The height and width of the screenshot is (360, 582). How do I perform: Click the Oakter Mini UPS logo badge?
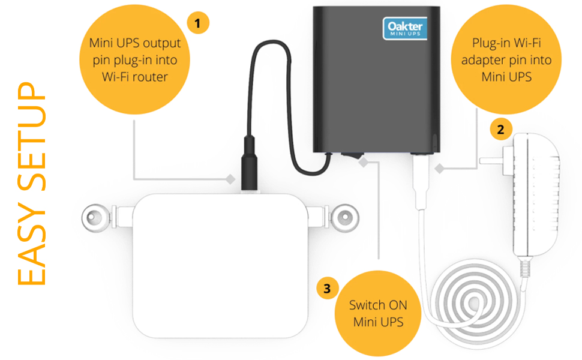coord(404,28)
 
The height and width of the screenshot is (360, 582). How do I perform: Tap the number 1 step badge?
coord(198,23)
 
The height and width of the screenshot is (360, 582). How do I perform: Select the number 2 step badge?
coord(500,128)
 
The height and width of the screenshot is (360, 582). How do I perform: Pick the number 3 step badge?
coord(326,289)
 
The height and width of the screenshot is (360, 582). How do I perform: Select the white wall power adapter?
coord(536,192)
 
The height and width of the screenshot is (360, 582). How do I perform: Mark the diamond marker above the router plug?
coord(229,179)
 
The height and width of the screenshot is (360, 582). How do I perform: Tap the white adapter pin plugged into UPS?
coord(419,180)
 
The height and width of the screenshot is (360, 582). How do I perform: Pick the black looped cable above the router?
coord(264,84)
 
